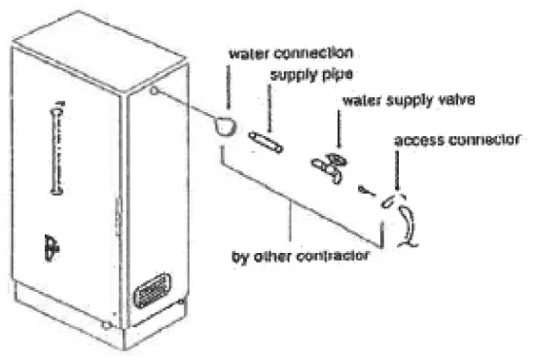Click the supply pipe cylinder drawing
click(266, 142)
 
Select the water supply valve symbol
click(328, 164)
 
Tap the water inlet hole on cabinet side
click(154, 92)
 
